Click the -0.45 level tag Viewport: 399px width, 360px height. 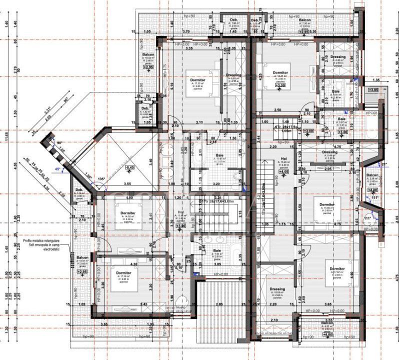[x=130, y=167]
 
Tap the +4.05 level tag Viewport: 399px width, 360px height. [x=284, y=171]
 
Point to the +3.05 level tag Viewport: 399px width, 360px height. [x=373, y=89]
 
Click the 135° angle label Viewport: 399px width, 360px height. [x=101, y=178]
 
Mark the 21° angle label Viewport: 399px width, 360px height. [x=383, y=164]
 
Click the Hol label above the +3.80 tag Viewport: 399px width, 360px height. [x=180, y=211]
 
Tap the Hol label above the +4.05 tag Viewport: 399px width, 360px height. [x=283, y=158]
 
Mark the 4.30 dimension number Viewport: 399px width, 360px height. [x=133, y=263]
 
